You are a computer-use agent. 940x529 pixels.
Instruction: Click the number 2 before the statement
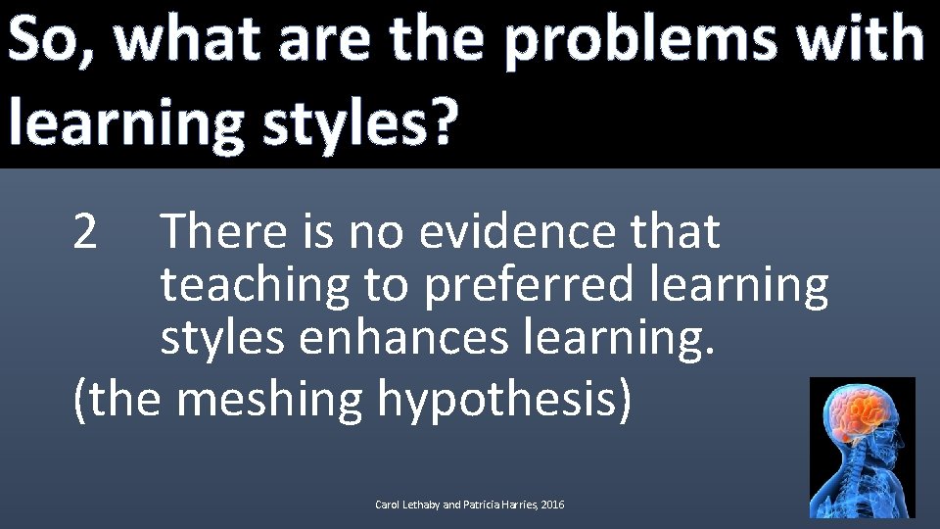(86, 233)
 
